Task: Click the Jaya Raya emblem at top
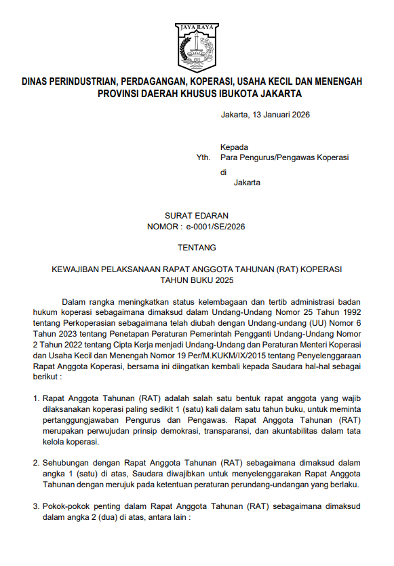pyautogui.click(x=197, y=45)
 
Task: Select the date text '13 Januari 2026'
pyautogui.click(x=279, y=115)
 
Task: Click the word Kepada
pyautogui.click(x=234, y=147)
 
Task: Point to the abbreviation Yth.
pyautogui.click(x=203, y=157)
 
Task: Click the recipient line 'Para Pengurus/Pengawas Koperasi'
pyautogui.click(x=284, y=157)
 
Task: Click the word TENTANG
pyautogui.click(x=197, y=248)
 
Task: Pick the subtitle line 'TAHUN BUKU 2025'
pyautogui.click(x=197, y=280)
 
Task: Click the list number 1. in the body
pyautogui.click(x=37, y=398)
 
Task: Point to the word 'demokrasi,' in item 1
pyautogui.click(x=179, y=431)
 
